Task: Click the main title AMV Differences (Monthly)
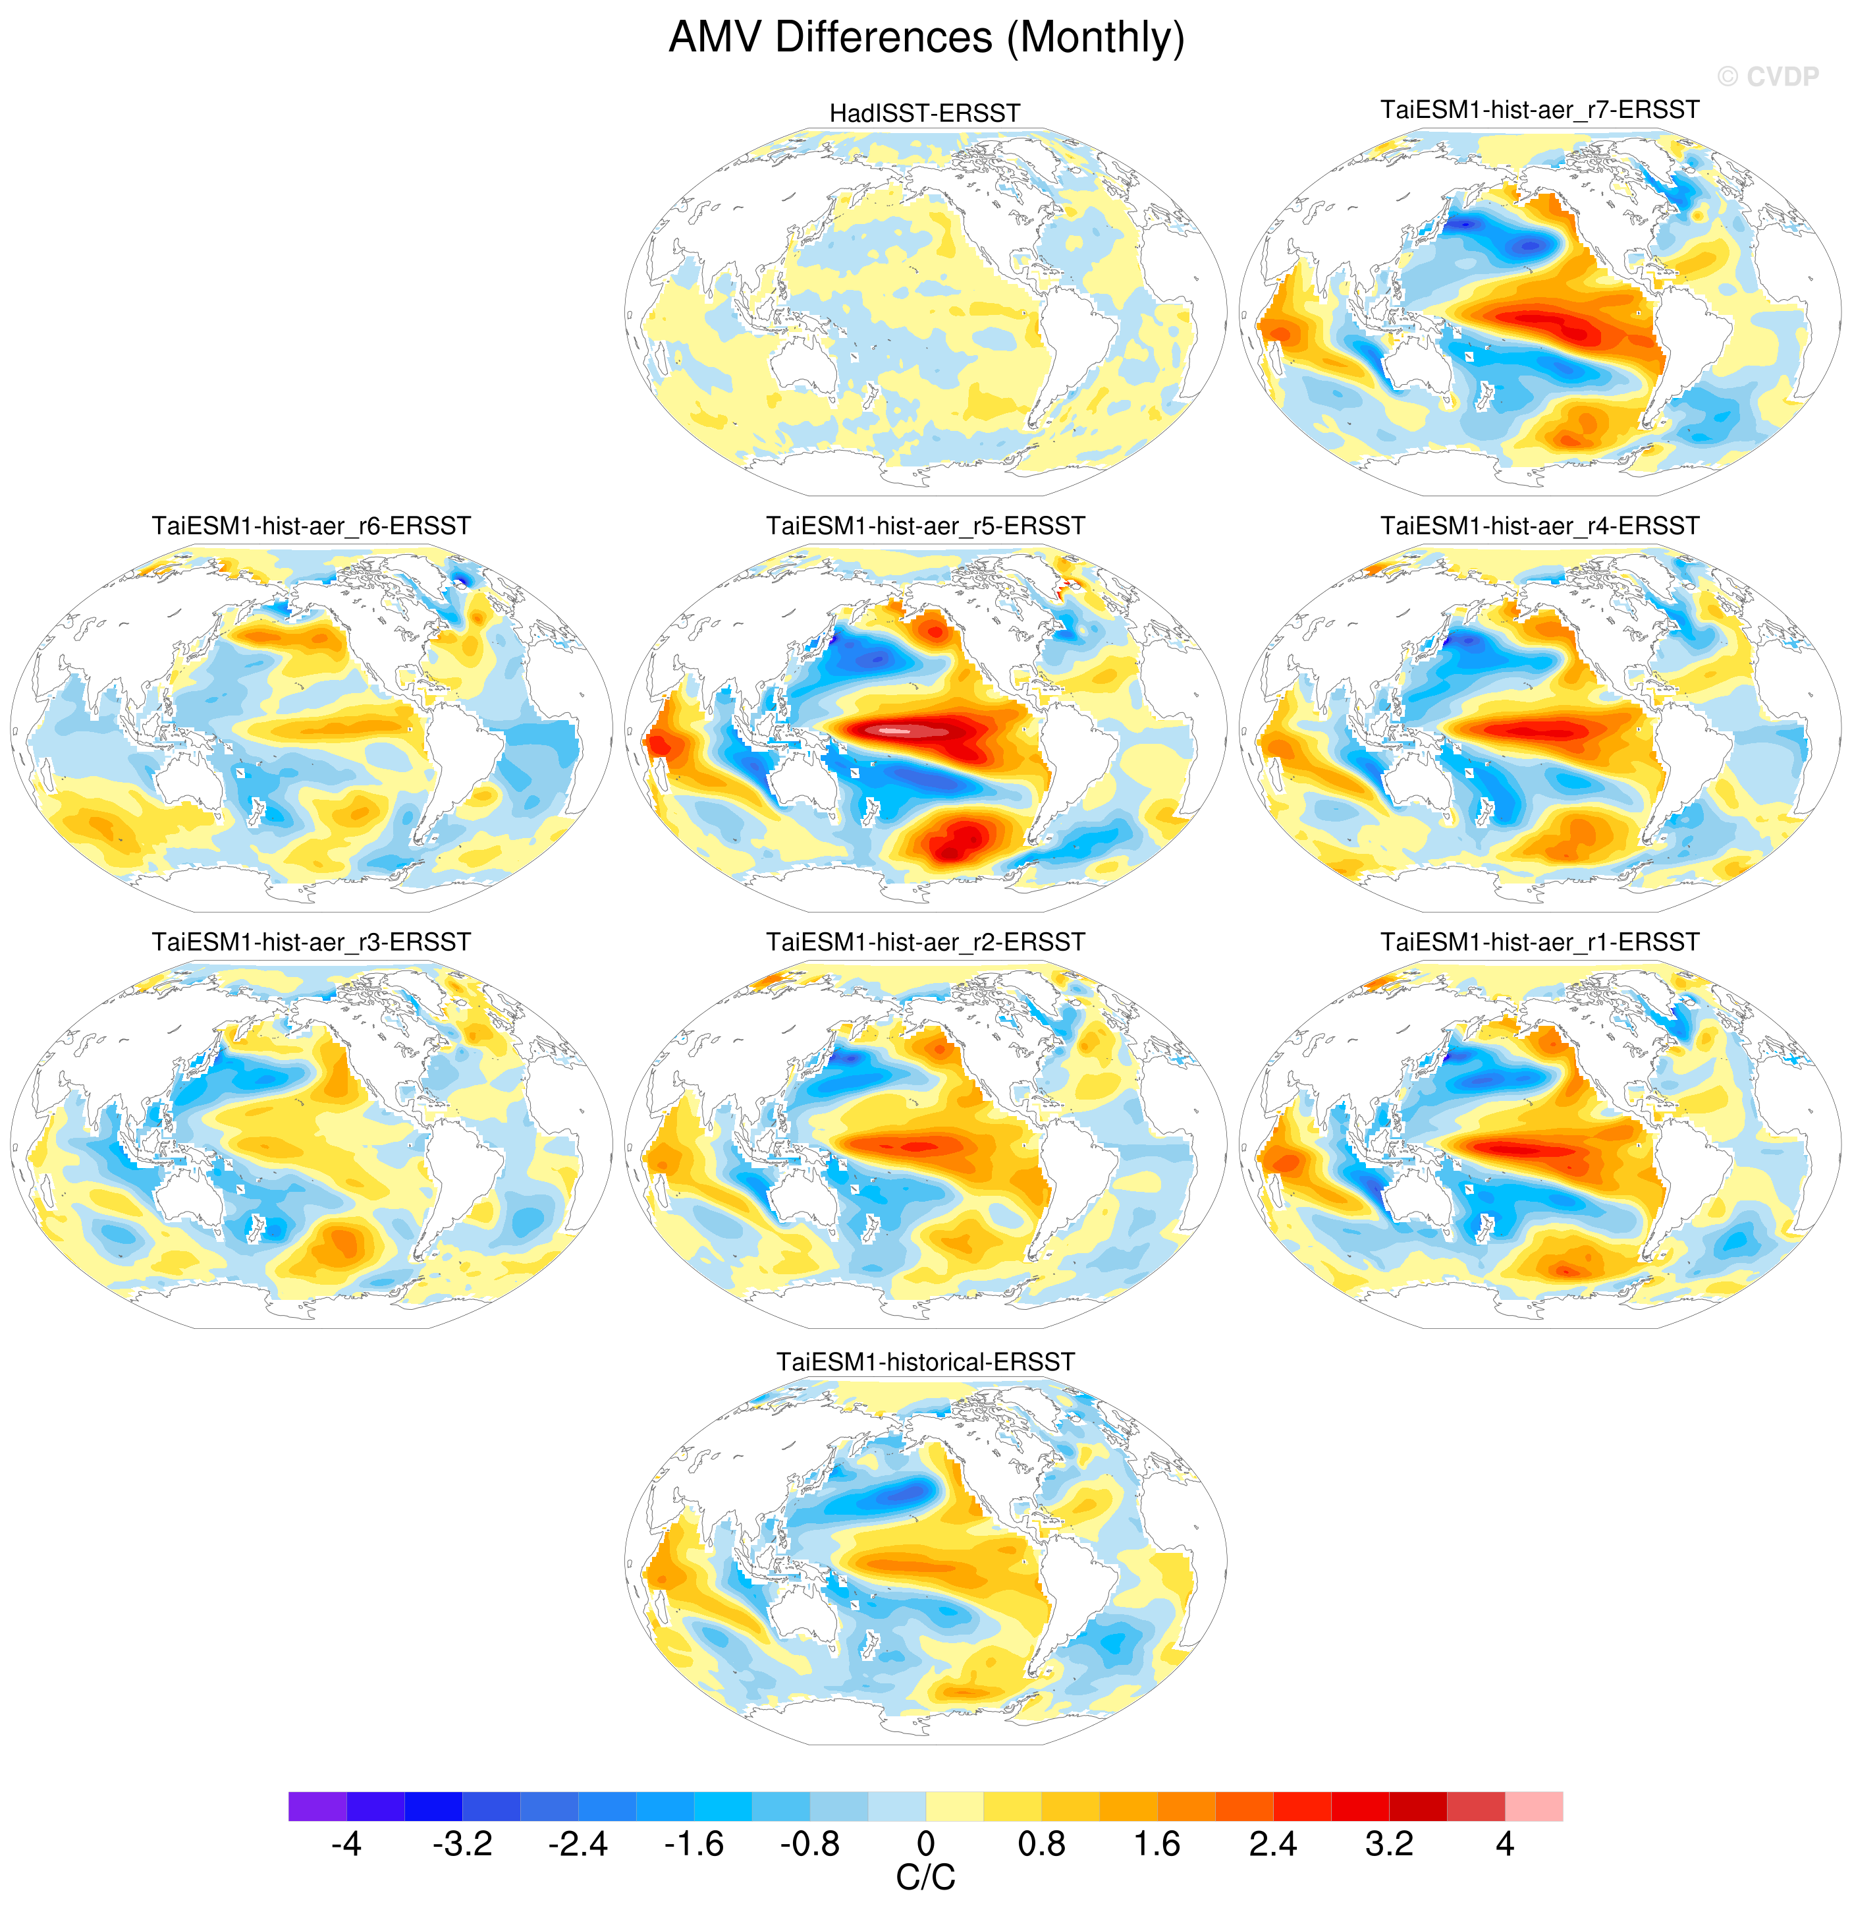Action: pos(925,39)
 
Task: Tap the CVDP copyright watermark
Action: pos(1767,77)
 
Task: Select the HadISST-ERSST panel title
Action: pos(925,113)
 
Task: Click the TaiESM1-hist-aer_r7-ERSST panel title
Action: pos(1539,110)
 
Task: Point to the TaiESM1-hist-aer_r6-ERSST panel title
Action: pos(311,526)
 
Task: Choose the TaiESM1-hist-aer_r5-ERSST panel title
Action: pos(925,526)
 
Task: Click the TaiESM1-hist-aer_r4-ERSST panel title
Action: pos(1539,526)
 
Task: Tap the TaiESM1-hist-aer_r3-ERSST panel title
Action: pos(311,942)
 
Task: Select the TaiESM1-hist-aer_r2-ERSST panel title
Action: pos(925,942)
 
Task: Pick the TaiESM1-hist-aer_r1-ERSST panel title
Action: pos(1539,942)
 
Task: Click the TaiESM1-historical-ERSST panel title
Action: pos(925,1362)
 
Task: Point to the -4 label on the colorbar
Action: pos(346,1845)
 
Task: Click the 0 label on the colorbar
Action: pos(925,1845)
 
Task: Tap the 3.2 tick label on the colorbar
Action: pos(1388,1845)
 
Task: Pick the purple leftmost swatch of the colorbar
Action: pos(317,1806)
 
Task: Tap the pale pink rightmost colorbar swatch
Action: pos(1533,1806)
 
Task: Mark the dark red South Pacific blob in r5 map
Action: pos(960,840)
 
